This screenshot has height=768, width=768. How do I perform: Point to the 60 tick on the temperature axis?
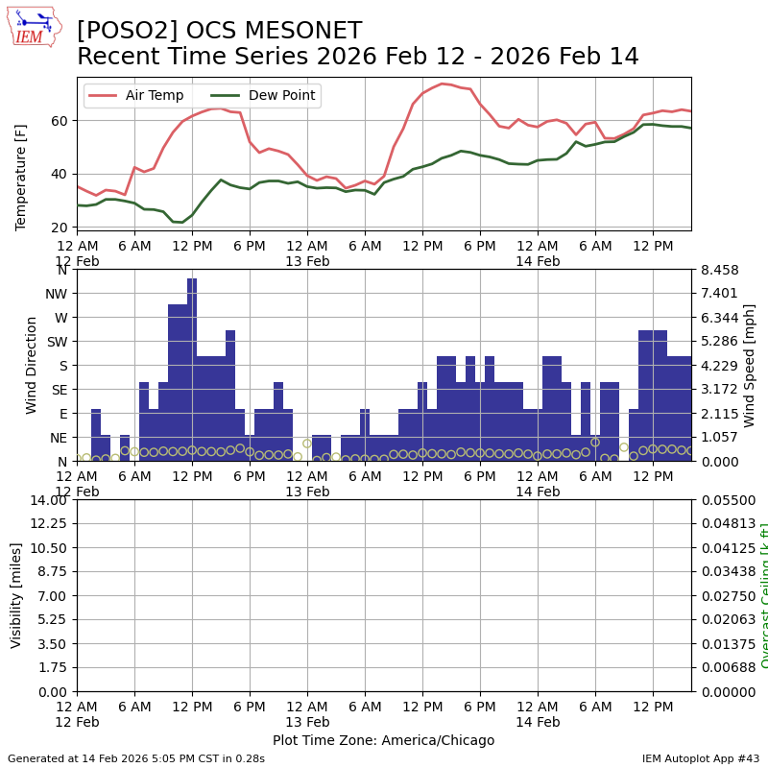(60, 121)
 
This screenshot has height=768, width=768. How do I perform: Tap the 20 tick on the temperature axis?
(60, 228)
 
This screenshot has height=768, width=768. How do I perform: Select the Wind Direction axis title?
(32, 365)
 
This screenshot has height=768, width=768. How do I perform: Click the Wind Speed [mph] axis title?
(750, 365)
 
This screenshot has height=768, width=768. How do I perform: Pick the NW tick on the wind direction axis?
(58, 294)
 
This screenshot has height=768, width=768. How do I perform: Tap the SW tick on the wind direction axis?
(58, 342)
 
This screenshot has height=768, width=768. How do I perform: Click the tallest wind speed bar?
(192, 370)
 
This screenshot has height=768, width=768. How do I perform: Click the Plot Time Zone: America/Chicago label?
(383, 740)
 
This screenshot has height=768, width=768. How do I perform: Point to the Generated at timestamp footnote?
(136, 758)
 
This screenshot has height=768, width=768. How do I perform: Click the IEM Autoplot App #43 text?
(701, 758)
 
